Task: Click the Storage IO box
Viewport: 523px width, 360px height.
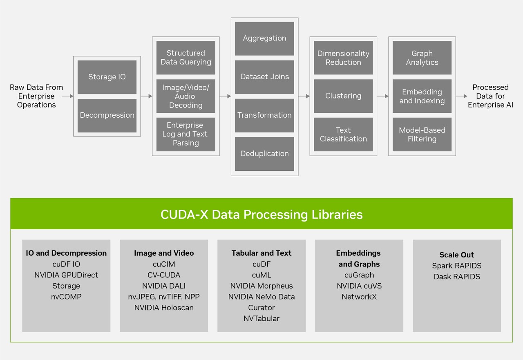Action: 107,77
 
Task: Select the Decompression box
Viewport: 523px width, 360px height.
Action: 107,115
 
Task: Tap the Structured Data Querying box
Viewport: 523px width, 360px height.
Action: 186,58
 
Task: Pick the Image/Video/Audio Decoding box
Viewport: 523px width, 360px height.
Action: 186,96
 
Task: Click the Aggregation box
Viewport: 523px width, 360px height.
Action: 264,38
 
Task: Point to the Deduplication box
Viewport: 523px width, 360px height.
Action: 264,154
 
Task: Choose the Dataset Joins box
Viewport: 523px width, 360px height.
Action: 264,77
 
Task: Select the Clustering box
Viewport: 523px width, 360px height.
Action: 343,96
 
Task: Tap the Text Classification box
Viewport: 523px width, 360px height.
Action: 343,134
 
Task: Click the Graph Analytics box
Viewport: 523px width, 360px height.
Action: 422,58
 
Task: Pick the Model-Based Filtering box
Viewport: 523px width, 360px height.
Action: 422,134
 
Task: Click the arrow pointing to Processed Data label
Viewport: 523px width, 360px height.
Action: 461,96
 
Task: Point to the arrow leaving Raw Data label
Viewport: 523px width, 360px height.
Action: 68,96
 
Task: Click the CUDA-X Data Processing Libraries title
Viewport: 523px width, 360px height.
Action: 261,215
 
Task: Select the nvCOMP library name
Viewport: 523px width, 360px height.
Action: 66,297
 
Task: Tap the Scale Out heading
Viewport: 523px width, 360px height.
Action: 457,255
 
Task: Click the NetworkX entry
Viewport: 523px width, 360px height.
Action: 359,297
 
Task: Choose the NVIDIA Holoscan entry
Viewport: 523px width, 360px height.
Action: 164,308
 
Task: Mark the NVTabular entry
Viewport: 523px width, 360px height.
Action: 261,318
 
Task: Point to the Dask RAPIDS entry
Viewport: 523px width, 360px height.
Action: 457,277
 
